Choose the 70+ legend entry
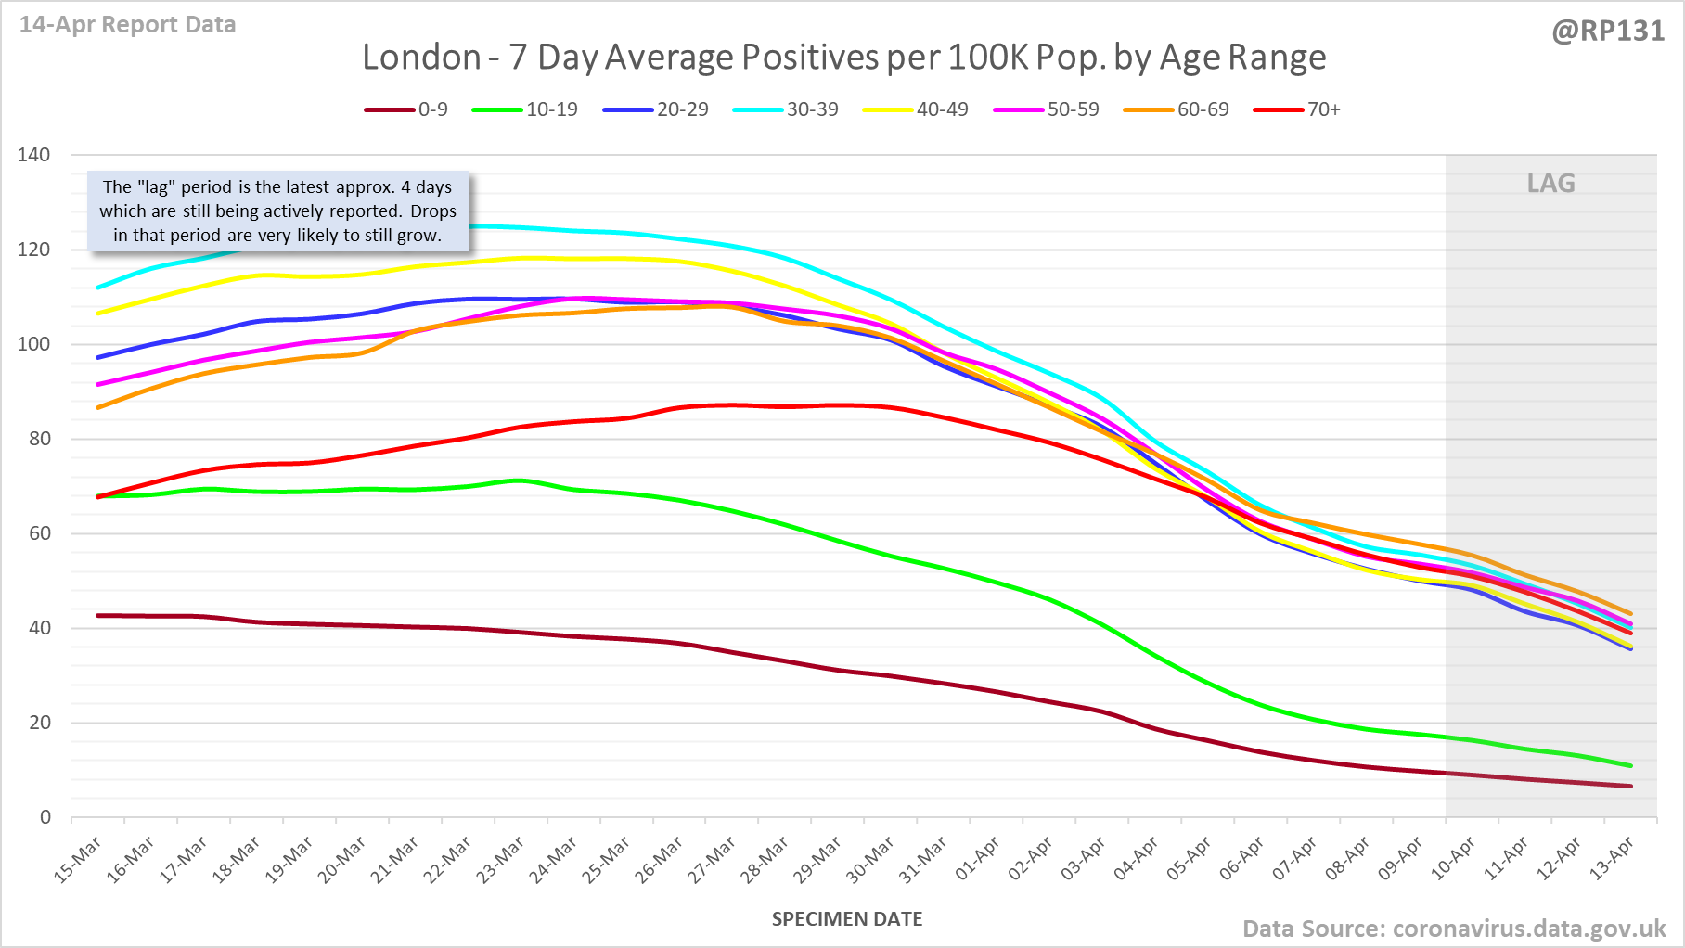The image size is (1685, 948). pyautogui.click(x=1297, y=109)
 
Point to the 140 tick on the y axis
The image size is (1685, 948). pyautogui.click(x=33, y=155)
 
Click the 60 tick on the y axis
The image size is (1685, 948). pyautogui.click(x=39, y=533)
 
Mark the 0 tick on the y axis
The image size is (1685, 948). pyautogui.click(x=45, y=817)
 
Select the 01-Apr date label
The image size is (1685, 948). pyautogui.click(x=977, y=859)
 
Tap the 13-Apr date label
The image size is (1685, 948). pyautogui.click(x=1612, y=859)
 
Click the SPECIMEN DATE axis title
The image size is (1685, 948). pyautogui.click(x=847, y=919)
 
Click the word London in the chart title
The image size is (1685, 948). pyautogui.click(x=421, y=58)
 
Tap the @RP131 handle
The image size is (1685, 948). pyautogui.click(x=1608, y=31)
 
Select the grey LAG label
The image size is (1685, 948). pyautogui.click(x=1550, y=184)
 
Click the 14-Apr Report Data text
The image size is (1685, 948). pyautogui.click(x=128, y=25)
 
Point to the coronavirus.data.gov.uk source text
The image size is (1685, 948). pyautogui.click(x=1529, y=929)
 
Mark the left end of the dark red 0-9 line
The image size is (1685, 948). pyautogui.click(x=98, y=615)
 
